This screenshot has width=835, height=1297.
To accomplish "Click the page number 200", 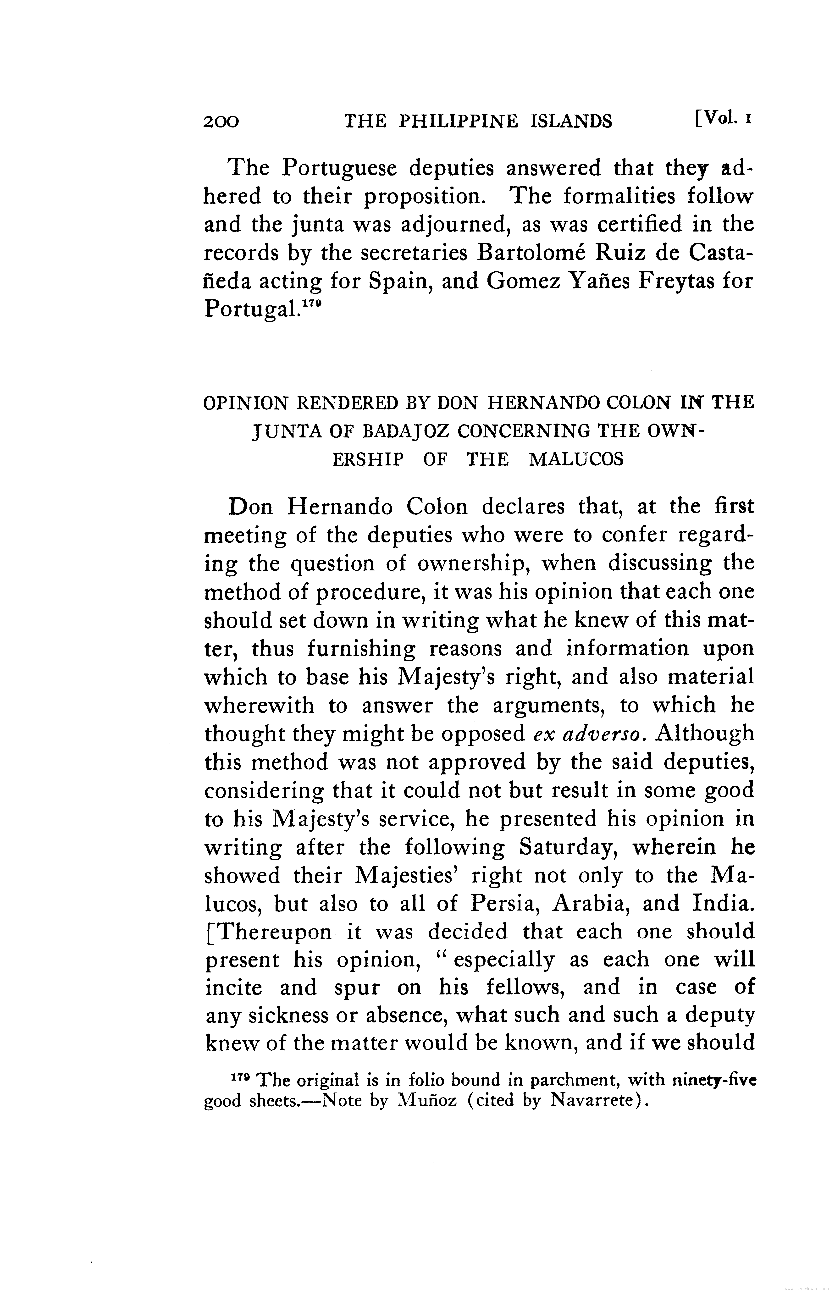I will coord(221,121).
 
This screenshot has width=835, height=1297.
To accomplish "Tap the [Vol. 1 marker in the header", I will coord(722,118).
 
